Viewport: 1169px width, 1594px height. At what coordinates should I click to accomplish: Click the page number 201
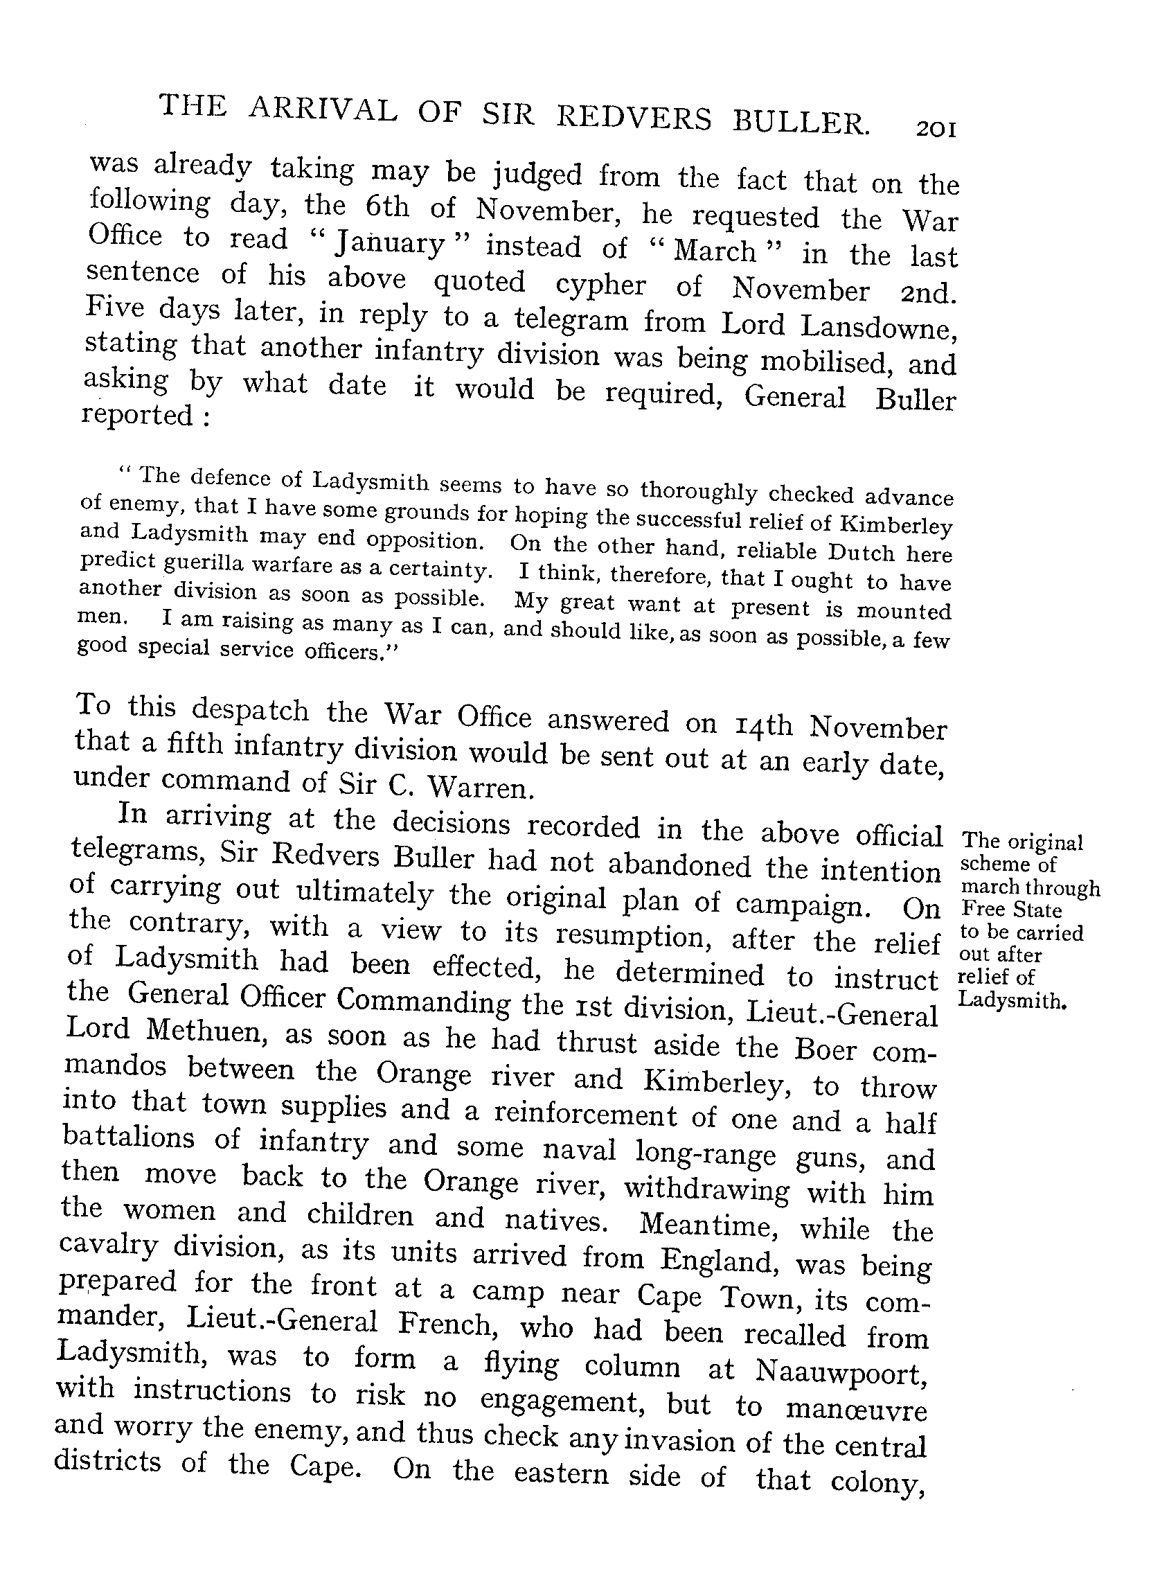click(936, 130)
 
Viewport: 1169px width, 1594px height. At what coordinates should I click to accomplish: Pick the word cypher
click(600, 285)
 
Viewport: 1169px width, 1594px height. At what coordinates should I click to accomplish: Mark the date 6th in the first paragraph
click(387, 206)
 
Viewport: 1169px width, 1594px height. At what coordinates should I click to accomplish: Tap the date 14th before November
click(758, 725)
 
